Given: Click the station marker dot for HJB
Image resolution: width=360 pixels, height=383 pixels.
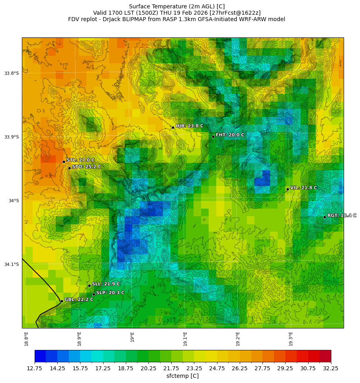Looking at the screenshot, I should (x=173, y=127).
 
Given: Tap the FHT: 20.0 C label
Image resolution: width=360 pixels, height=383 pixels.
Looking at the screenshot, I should (x=230, y=135).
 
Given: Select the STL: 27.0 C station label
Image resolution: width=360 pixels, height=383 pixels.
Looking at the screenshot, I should (x=80, y=160).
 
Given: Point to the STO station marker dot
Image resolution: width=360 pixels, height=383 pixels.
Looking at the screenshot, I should (x=69, y=168).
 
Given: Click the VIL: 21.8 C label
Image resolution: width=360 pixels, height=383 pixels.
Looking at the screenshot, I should (x=303, y=188).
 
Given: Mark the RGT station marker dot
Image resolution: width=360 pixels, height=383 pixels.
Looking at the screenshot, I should (x=325, y=217).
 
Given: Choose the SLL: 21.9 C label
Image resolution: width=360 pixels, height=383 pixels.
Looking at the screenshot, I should (x=106, y=284).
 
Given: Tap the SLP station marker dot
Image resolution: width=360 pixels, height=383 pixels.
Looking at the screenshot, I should (x=94, y=294).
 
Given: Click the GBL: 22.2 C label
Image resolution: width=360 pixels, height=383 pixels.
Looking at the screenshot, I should (x=79, y=299).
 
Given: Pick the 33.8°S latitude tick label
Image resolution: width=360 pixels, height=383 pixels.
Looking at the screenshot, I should (x=12, y=73).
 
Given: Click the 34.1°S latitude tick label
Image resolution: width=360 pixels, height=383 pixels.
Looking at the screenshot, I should (x=12, y=264).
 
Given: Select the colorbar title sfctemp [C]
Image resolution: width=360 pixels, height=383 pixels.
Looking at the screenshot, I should (x=182, y=376).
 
